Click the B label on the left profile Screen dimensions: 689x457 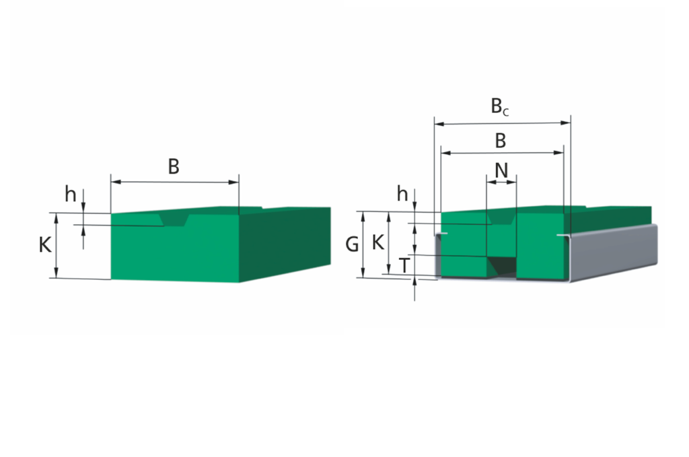click(x=174, y=166)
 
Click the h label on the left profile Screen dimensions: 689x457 click(x=70, y=193)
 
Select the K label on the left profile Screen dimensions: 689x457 click(x=45, y=245)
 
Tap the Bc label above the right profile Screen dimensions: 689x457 click(x=500, y=106)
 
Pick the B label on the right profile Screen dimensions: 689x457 click(x=501, y=141)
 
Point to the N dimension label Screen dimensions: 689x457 click(x=501, y=170)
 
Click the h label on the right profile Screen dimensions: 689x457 click(x=402, y=193)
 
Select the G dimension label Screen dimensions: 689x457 click(x=352, y=244)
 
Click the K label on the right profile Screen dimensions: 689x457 click(x=378, y=242)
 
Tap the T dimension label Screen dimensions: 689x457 click(x=404, y=265)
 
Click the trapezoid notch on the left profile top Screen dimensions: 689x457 click(x=174, y=219)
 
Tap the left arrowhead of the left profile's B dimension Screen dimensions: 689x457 click(x=116, y=182)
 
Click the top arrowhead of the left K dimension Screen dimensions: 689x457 click(x=57, y=218)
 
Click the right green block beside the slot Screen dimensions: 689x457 click(x=540, y=245)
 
